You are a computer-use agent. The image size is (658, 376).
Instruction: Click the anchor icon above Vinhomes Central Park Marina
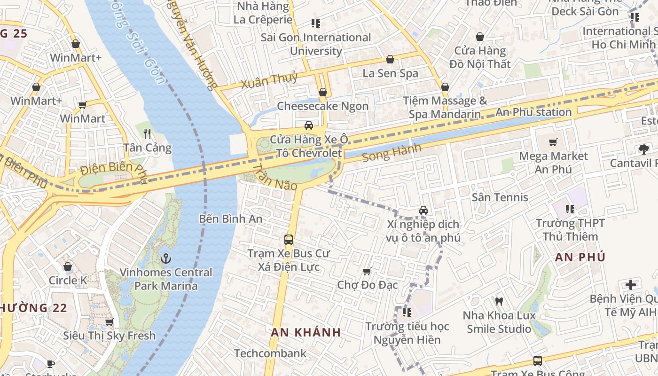pos(165,258)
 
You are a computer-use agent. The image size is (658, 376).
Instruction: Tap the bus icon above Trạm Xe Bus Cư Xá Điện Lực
pos(289,240)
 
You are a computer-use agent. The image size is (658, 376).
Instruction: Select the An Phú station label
pos(533,112)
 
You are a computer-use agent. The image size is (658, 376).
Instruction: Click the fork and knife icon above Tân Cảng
pos(147,134)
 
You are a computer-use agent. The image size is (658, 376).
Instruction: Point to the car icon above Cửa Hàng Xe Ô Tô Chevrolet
pos(309,125)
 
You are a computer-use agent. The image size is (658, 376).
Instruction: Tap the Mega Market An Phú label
pos(553,162)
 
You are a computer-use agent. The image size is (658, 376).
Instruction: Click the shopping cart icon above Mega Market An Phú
pos(553,142)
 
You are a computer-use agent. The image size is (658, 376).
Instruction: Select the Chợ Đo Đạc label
pos(368,285)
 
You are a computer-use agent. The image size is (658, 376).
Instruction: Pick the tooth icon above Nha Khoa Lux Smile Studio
pos(499,301)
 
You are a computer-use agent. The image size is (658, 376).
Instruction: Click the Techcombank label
pos(270,353)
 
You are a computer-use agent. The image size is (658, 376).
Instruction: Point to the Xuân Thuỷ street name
pos(269,80)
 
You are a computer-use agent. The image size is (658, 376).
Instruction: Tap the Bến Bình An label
pos(231,219)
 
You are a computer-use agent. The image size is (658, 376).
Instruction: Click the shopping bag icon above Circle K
pos(68,267)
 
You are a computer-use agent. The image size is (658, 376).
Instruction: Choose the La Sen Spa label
pos(390,73)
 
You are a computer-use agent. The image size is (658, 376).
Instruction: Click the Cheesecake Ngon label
pos(322,106)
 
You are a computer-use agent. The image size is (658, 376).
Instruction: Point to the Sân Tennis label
pos(500,197)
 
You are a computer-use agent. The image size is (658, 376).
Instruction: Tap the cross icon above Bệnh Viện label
pos(630,285)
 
